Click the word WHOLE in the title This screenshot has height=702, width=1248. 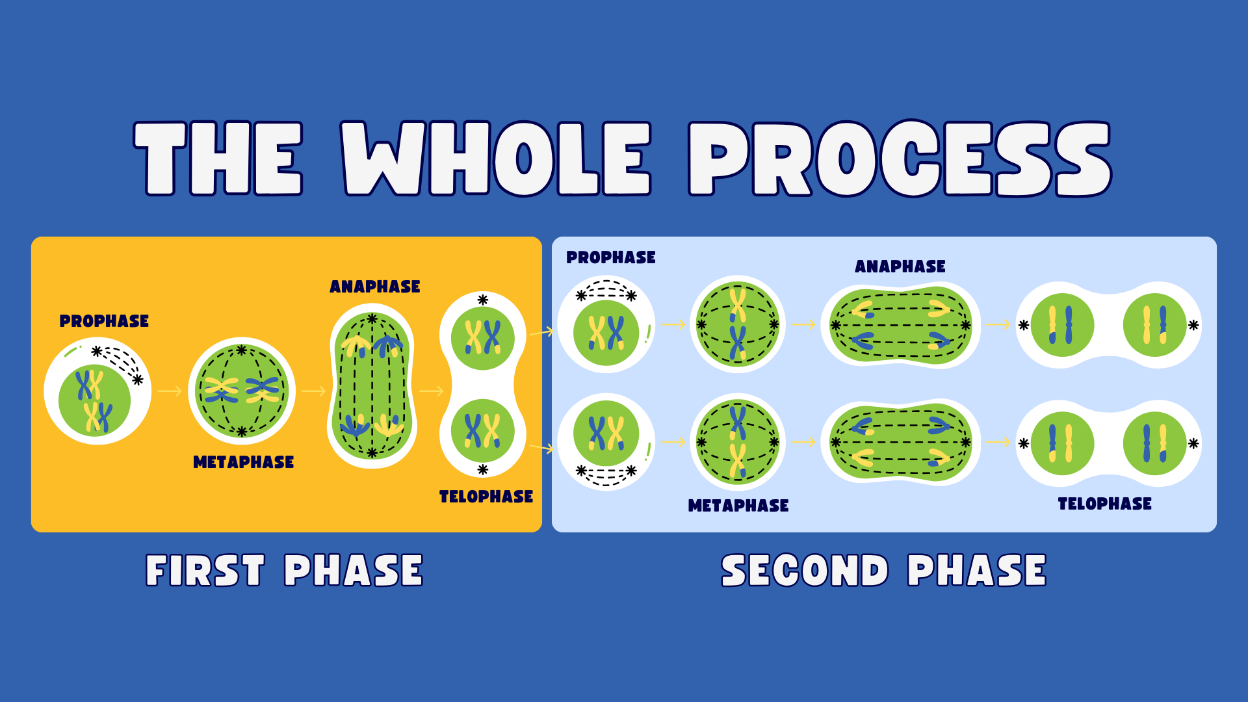496,158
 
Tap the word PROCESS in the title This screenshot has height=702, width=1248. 900,158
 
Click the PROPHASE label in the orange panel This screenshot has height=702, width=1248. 104,321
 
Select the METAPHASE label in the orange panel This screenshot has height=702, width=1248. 244,462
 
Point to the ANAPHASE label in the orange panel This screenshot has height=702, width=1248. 375,287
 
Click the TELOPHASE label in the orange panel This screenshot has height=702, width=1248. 486,497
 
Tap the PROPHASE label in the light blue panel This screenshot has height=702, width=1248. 611,257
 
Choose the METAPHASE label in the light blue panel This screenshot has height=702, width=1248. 738,506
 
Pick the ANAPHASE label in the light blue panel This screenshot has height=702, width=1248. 900,266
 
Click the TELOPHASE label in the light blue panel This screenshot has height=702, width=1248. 1105,504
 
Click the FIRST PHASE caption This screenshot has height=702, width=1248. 285,571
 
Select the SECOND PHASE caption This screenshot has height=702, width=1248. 884,571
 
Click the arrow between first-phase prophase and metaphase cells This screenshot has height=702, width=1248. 170,391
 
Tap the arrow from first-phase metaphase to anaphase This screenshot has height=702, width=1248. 313,391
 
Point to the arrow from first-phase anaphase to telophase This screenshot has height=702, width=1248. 432,391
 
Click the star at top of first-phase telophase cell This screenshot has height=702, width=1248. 482,300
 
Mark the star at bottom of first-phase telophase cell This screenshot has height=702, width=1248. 482,469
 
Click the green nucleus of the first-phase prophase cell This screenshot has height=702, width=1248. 94,400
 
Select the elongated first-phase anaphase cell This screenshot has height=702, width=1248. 372,385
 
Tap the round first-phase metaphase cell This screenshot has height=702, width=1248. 242,391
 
